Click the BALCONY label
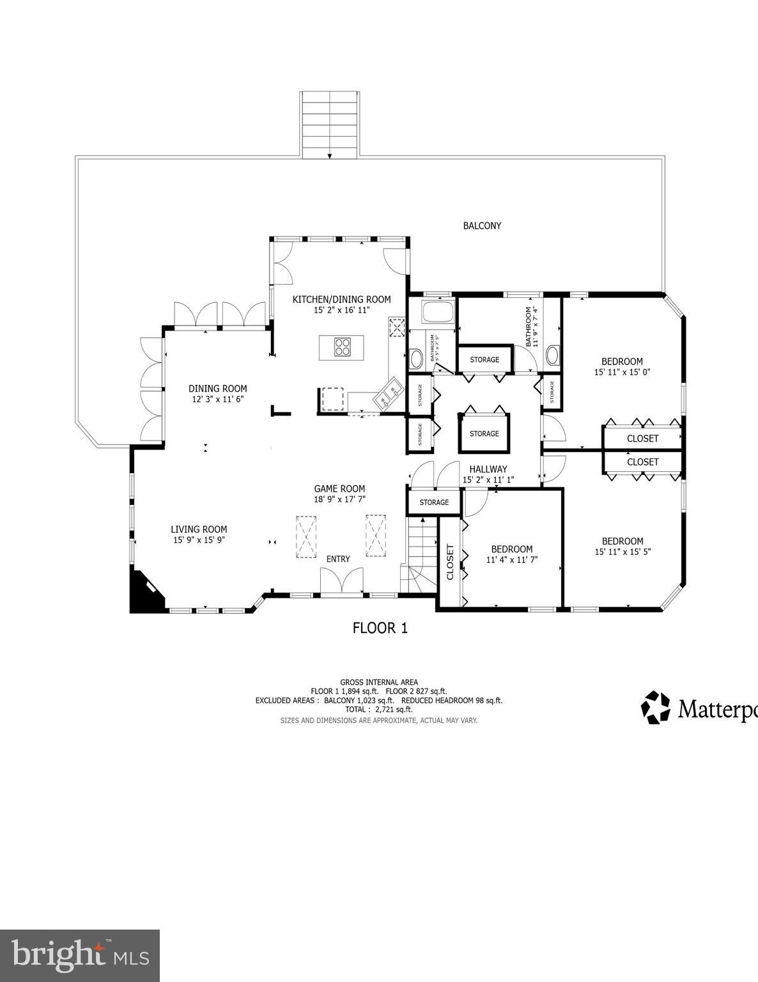click(482, 226)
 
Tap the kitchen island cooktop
click(343, 347)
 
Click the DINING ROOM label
click(217, 389)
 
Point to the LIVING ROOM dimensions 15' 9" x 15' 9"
click(199, 540)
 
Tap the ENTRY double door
click(341, 582)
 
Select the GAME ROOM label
click(339, 488)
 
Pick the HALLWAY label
click(488, 469)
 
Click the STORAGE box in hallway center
click(484, 433)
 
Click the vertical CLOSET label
click(449, 562)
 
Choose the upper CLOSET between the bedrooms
click(642, 439)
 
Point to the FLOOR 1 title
click(380, 628)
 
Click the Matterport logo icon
click(656, 707)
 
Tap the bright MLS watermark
click(80, 956)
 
